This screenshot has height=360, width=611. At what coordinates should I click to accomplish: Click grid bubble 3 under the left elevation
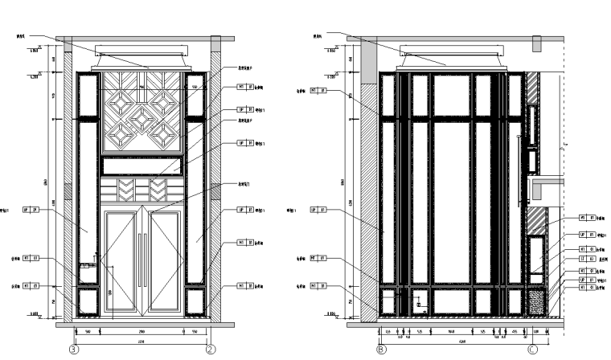tap(74, 350)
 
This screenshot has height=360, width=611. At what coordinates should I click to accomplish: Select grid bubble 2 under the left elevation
tap(211, 350)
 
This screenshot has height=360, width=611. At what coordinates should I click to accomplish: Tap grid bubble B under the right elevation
tap(381, 350)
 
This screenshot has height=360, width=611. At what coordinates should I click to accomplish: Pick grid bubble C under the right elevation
tap(532, 350)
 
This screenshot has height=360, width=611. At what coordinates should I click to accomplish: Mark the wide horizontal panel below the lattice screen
tap(142, 167)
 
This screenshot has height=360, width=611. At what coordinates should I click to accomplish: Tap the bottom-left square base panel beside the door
tap(86, 301)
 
